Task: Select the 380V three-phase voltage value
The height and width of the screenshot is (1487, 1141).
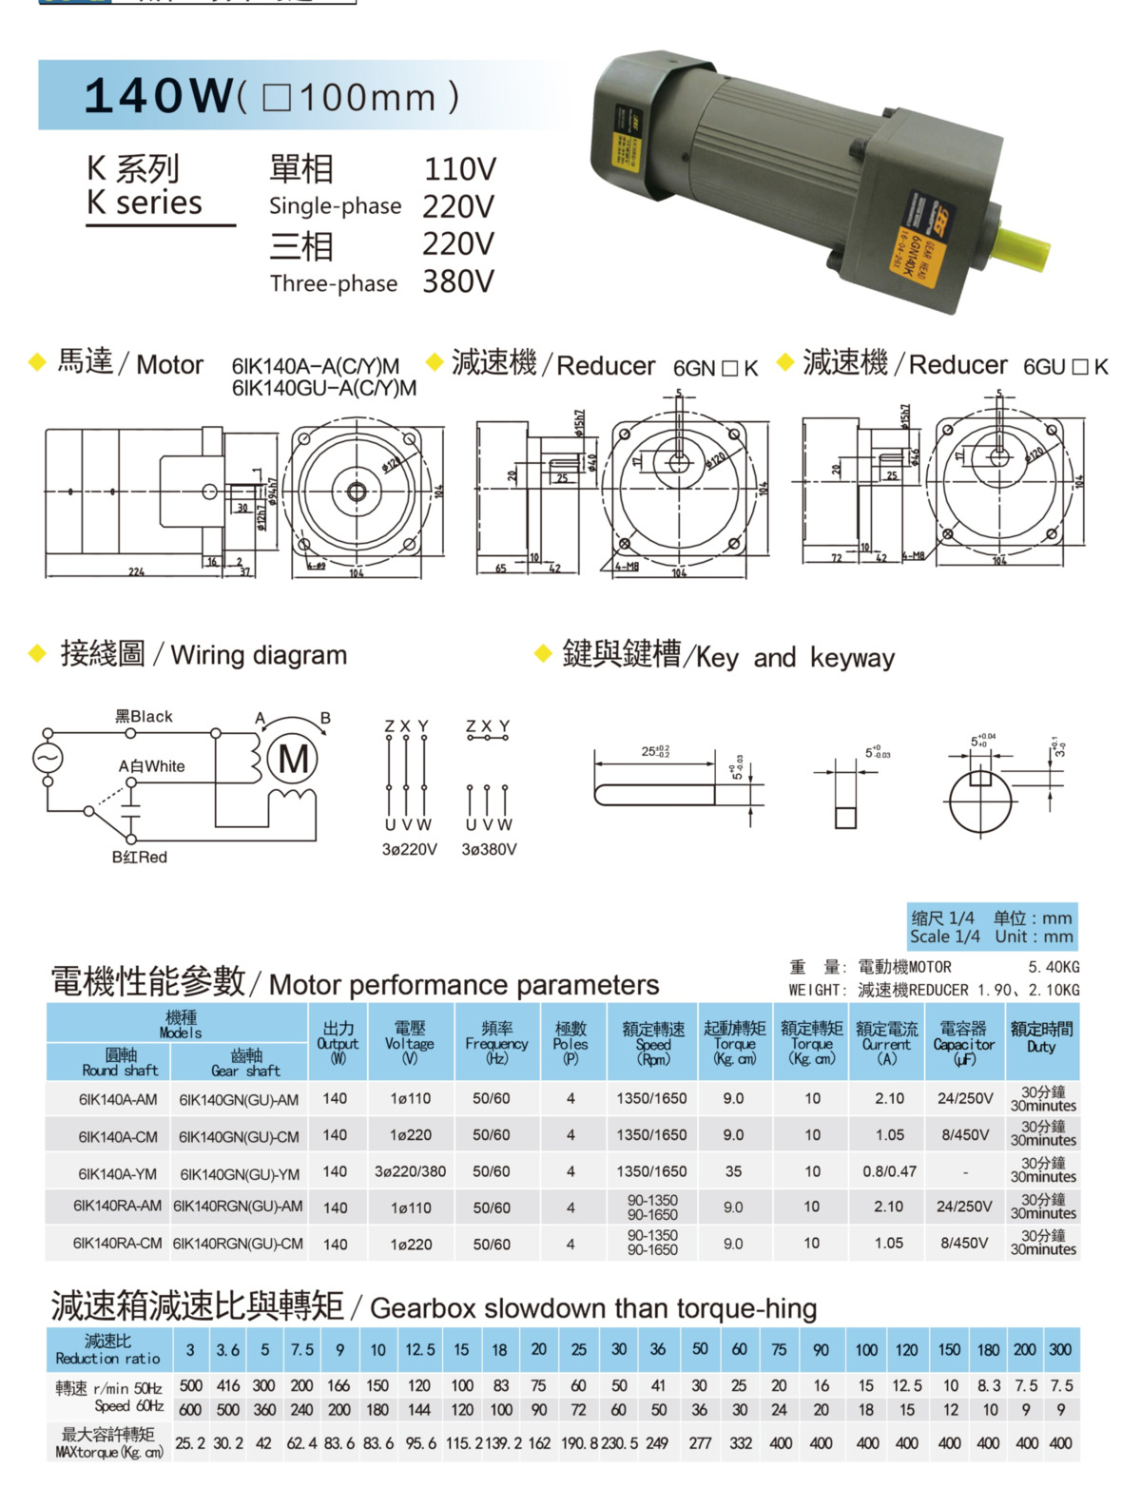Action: [x=458, y=281]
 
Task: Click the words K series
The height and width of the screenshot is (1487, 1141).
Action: [x=145, y=203]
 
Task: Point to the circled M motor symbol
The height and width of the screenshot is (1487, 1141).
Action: [x=293, y=759]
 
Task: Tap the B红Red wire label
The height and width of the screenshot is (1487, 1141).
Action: [x=139, y=857]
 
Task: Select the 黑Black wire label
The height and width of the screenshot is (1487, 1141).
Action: [x=144, y=716]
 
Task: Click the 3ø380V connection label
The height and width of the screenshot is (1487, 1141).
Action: [x=489, y=849]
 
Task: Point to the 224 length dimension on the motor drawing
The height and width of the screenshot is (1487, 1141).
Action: [x=137, y=572]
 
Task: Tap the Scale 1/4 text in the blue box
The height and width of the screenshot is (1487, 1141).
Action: [x=944, y=937]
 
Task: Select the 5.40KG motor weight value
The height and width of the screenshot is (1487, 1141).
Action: [x=1054, y=967]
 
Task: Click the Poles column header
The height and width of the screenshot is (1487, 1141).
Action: [x=570, y=1043]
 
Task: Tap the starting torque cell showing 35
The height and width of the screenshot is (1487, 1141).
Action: [x=733, y=1171]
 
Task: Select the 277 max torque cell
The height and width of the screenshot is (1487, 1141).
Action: [x=700, y=1442]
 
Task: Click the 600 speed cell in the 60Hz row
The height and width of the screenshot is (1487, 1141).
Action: [x=190, y=1410]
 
